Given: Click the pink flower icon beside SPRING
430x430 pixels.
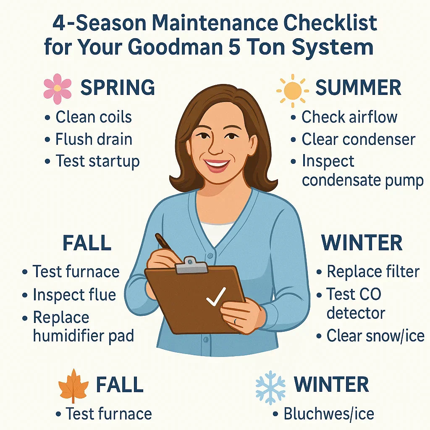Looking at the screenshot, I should [58, 89].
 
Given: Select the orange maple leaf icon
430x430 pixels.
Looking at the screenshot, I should [74, 385].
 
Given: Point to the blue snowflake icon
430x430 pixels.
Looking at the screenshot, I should [271, 387].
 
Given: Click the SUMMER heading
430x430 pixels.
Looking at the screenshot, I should [358, 88].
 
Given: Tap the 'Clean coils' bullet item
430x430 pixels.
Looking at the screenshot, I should [94, 117].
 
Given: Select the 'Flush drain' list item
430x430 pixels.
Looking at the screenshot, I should [94, 139].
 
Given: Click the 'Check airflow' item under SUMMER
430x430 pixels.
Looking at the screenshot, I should [349, 117].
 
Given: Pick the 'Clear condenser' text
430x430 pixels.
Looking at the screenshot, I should [358, 139].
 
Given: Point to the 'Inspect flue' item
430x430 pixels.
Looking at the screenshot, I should [74, 295].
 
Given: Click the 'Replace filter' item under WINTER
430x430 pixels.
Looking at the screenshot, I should [373, 272].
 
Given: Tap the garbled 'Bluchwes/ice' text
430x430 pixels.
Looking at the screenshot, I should [328, 414].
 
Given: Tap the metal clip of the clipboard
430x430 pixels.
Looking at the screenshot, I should [191, 265].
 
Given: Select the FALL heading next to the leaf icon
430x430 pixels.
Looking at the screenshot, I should [120, 385].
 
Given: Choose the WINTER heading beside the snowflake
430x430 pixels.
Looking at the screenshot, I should [331, 385].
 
